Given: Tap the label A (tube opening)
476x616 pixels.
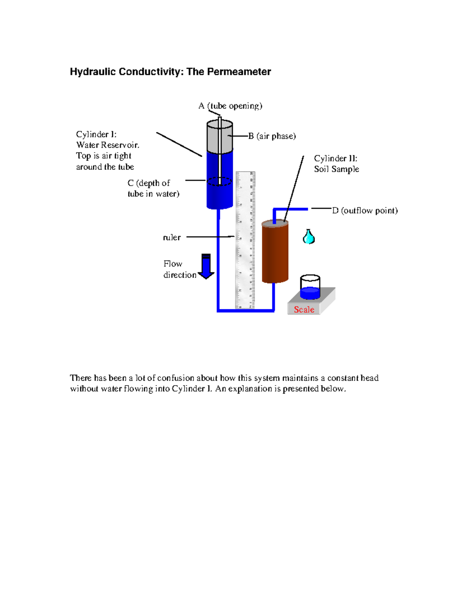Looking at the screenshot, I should point(230,106).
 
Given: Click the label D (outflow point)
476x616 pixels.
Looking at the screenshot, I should point(365,211).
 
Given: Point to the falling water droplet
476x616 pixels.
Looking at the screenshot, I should point(309,237).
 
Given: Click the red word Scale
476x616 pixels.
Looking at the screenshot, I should point(304,309).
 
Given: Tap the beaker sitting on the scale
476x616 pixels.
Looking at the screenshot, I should point(310,287).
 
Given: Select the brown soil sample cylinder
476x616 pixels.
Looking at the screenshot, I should point(275,252).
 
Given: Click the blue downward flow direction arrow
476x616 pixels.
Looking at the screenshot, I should point(206,267).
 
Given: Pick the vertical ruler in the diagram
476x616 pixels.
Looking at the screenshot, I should point(245,240).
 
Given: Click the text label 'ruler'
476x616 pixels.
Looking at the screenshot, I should point(172,238).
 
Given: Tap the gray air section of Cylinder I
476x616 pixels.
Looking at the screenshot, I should point(219,138).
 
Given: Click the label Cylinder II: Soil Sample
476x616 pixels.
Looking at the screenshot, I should point(336,164).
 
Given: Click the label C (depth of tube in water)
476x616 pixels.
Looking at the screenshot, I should point(153,188).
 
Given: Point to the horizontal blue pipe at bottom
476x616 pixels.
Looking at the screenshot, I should point(246,310).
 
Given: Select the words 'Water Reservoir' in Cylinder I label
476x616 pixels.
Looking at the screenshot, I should point(107,145).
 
